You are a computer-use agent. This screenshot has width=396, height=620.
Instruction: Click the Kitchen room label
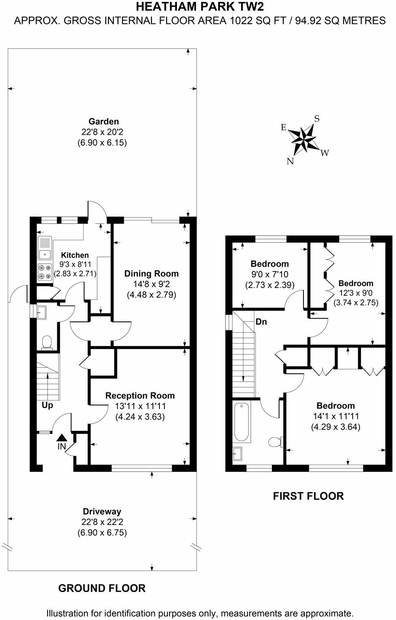coord(75,255)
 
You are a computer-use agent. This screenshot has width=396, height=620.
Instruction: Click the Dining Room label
coord(151,273)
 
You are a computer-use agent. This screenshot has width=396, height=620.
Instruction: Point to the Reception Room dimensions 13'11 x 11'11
coord(140,406)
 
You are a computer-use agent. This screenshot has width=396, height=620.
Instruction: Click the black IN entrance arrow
coord(61,437)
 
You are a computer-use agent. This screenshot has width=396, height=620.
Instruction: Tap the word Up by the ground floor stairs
coord(47,405)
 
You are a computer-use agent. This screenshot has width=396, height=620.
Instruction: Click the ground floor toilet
coord(47,342)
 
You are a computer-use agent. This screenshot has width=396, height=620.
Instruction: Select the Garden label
coord(103,121)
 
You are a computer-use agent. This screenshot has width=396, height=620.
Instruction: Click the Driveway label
coord(102,512)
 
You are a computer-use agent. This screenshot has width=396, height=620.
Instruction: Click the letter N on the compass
coord(290,161)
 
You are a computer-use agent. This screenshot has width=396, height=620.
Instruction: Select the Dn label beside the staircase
coord(261,322)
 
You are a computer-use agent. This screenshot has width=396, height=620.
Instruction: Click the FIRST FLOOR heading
coord(308,496)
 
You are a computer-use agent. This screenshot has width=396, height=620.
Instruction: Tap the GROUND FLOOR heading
coord(102,588)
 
